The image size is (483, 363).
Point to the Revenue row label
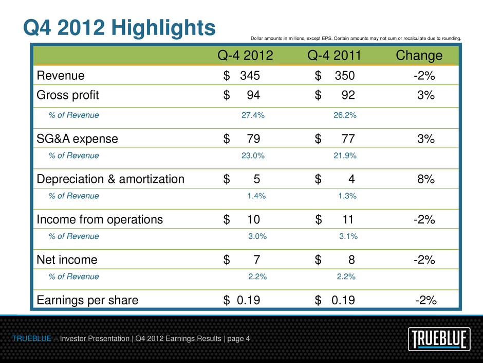click(61, 76)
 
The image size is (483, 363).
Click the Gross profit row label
click(68, 95)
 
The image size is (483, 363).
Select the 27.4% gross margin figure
click(253, 115)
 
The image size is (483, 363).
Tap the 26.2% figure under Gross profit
click(345, 115)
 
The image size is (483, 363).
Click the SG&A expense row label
click(77, 139)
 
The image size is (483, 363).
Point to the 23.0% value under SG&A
click(253, 155)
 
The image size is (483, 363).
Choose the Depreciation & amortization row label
click(110, 179)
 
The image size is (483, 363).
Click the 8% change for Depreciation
click(425, 179)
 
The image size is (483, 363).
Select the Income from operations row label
click(100, 220)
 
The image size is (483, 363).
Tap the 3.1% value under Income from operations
click(348, 236)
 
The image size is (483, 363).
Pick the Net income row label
click(67, 260)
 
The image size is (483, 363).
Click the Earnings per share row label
click(87, 300)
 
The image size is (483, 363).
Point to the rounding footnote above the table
click(356, 38)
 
